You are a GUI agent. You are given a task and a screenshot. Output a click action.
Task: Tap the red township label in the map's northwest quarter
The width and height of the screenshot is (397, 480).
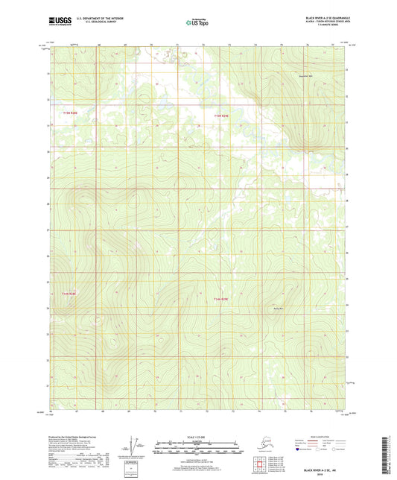(x=70, y=112)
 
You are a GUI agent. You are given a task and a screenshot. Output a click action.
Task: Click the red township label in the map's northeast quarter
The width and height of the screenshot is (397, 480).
(x=221, y=116)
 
